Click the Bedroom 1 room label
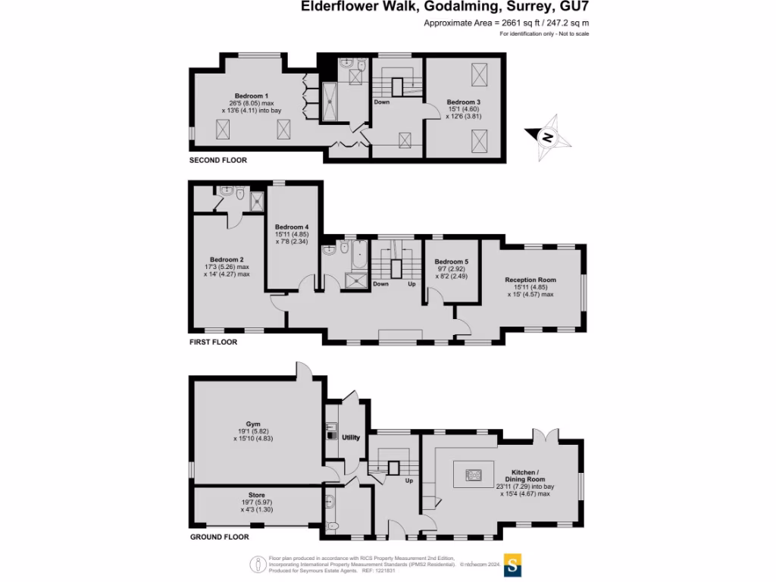tap(251, 95)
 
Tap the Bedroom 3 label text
tap(463, 102)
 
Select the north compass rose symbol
tap(548, 137)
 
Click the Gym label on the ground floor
tap(252, 424)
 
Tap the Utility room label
tap(351, 437)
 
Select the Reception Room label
tap(530, 280)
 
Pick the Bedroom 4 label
tap(292, 227)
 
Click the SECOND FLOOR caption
tap(218, 161)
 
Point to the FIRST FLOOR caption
tap(213, 342)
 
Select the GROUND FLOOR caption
tap(219, 537)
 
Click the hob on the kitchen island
tap(474, 475)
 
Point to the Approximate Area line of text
tap(506, 23)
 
